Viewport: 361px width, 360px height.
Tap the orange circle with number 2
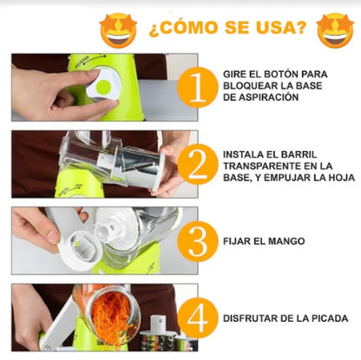pyautogui.click(x=199, y=164)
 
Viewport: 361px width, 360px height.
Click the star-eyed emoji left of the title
pyautogui.click(x=120, y=29)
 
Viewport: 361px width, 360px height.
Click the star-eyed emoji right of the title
pyautogui.click(x=335, y=29)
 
